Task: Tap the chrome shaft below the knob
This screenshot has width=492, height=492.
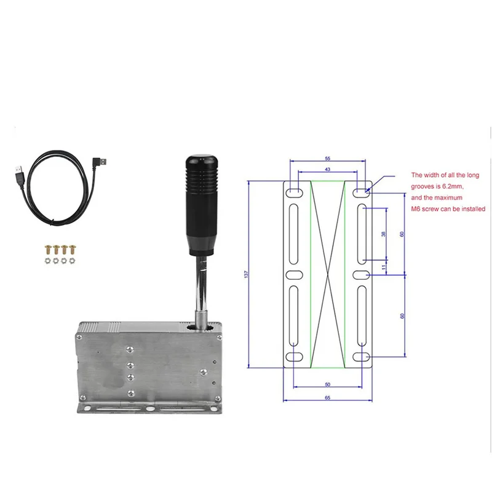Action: (x=201, y=283)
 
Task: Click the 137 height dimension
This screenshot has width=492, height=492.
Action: (x=246, y=274)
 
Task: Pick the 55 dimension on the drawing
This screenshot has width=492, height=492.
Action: (x=327, y=159)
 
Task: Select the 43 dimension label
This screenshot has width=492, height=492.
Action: (x=327, y=169)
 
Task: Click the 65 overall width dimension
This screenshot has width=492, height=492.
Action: (x=327, y=399)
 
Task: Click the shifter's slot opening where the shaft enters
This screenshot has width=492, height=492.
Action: (x=200, y=327)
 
